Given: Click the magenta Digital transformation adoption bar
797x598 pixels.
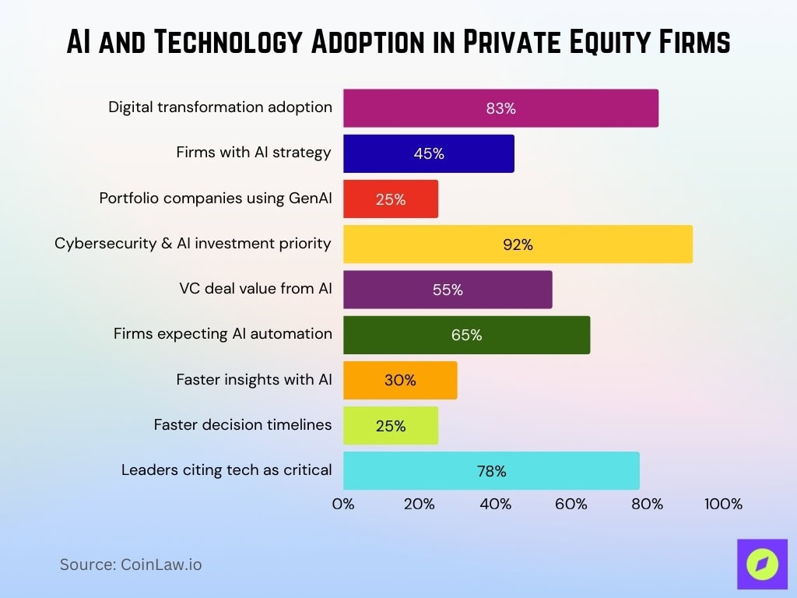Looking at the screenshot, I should coord(500,108).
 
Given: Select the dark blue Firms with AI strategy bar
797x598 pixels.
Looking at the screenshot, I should coord(428,153).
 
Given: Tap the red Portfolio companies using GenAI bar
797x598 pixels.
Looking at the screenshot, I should coord(390,199).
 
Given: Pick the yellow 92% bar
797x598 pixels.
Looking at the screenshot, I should coord(518,244).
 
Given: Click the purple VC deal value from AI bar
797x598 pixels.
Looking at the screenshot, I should coord(448,290).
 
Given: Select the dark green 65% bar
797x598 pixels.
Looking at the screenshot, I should coord(466,335).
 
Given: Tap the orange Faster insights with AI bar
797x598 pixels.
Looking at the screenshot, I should coord(400,380).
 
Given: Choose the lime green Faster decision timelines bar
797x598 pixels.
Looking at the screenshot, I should coord(390,426).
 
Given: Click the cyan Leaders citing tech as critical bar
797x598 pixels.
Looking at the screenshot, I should coord(491,471).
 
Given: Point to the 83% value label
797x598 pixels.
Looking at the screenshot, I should coord(500,109).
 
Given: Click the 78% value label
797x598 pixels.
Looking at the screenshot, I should coord(491,471).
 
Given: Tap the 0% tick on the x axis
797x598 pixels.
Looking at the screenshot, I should coord(343,504).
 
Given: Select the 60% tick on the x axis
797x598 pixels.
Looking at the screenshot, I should coord(571,504).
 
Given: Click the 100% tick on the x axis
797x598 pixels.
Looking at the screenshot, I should coord(723,504).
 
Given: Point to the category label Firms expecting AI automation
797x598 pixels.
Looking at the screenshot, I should coord(223,334).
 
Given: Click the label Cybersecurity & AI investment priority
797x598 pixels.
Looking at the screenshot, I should coord(193,244).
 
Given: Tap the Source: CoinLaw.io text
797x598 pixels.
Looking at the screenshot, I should coord(131,565).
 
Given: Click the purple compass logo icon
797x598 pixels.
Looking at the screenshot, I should coord(761,564).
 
